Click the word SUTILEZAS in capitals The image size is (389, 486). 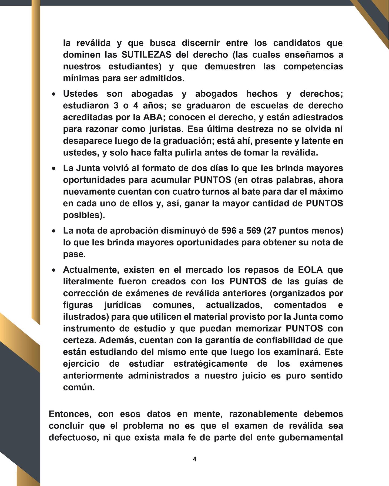146,55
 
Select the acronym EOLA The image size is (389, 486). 310,270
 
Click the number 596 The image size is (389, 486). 230,231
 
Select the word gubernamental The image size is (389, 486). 314,437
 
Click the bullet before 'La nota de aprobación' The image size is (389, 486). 54,231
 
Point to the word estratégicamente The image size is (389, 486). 210,364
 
